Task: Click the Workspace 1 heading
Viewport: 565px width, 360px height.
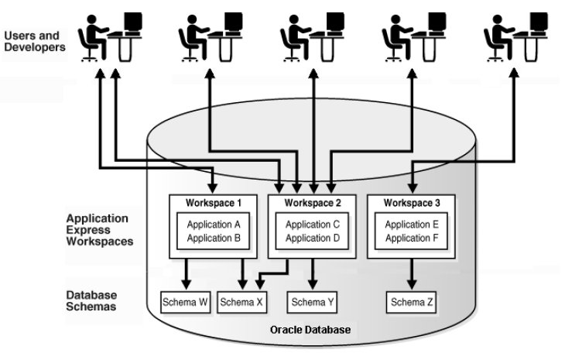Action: pyautogui.click(x=214, y=203)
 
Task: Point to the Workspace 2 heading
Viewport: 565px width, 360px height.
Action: pyautogui.click(x=312, y=203)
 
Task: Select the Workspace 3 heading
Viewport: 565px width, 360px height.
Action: pyautogui.click(x=410, y=203)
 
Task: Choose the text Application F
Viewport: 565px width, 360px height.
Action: pyautogui.click(x=410, y=238)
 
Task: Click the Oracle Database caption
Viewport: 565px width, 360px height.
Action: pyautogui.click(x=310, y=331)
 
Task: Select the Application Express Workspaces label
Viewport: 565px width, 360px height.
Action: pyautogui.click(x=97, y=230)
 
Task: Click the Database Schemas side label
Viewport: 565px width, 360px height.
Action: pyautogui.click(x=91, y=301)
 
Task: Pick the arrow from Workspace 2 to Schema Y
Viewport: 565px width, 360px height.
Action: pyautogui.click(x=312, y=273)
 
